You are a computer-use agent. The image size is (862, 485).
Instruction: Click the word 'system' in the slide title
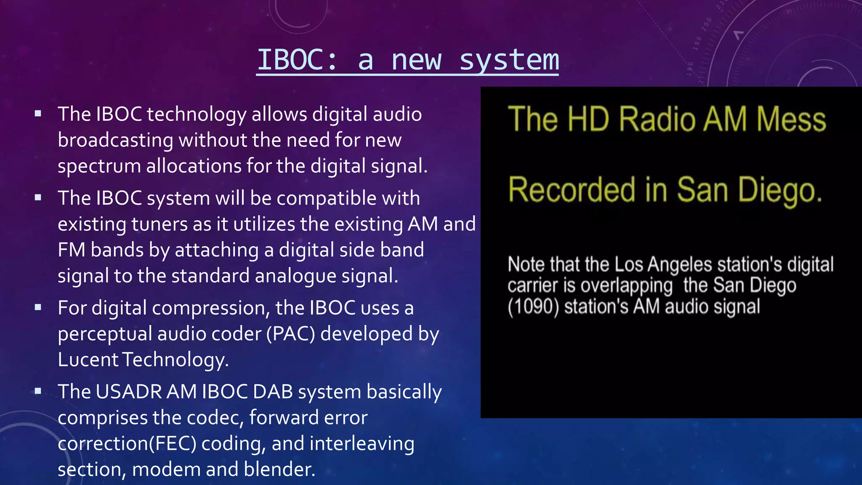[x=509, y=61]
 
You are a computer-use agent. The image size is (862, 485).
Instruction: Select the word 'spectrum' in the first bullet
[x=99, y=167]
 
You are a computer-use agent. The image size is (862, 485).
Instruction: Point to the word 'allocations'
[x=194, y=165]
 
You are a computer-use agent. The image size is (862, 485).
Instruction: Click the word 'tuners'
[x=160, y=224]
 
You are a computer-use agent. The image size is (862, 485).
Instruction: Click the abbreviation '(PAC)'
[x=290, y=334]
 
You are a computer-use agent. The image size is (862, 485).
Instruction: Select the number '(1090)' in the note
[x=533, y=307]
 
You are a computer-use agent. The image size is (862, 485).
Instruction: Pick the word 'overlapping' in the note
[x=627, y=286]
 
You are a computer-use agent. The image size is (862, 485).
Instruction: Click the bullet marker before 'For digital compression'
[x=38, y=307]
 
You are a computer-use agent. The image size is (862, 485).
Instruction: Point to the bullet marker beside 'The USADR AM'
[x=38, y=391]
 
